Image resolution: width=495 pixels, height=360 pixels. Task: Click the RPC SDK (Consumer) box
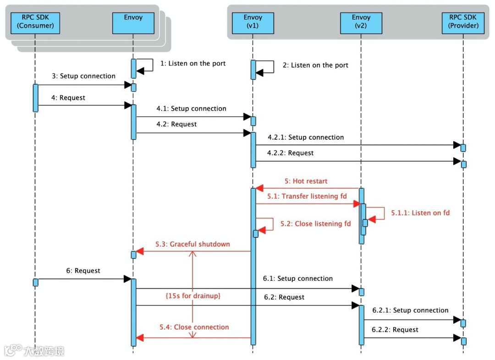(x=35, y=22)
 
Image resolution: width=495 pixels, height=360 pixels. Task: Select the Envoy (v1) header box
(x=252, y=22)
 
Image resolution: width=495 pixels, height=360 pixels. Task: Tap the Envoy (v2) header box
(x=361, y=22)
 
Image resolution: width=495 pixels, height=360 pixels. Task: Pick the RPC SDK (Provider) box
(x=463, y=22)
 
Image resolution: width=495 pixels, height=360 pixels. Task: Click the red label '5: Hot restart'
(x=306, y=181)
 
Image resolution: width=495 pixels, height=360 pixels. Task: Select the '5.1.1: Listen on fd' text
(x=420, y=213)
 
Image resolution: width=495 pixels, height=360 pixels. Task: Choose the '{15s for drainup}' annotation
(x=193, y=296)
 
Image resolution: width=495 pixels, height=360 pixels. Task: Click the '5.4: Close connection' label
(x=194, y=327)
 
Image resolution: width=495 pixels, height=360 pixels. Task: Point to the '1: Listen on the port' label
(x=193, y=63)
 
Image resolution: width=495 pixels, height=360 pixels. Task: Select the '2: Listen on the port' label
(x=315, y=65)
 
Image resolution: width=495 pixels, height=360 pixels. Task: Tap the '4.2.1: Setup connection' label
(x=306, y=137)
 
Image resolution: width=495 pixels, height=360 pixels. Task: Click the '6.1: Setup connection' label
(x=298, y=278)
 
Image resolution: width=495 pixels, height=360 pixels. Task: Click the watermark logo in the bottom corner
(x=34, y=351)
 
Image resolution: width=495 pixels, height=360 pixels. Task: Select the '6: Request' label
(x=83, y=271)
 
